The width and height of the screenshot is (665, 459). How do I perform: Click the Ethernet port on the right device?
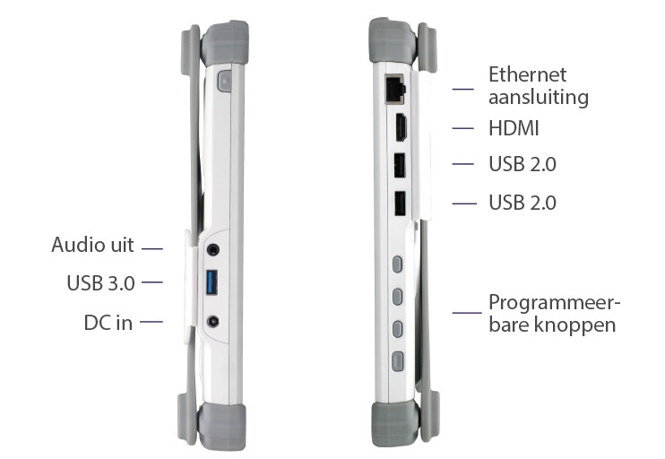point(395,89)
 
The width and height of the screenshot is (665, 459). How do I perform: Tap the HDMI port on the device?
point(402,126)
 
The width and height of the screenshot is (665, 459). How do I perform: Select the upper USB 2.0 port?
point(400,165)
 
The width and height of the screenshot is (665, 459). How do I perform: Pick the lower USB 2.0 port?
point(400,204)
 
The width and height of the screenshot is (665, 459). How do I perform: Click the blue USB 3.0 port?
point(212,282)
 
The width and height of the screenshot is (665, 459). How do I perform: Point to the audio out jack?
point(213,249)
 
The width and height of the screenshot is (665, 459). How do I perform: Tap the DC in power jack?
point(213,322)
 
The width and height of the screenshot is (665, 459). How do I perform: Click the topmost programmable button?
point(397,264)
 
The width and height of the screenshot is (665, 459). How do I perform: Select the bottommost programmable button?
point(397,361)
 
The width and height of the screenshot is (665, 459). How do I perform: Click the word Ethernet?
point(527,74)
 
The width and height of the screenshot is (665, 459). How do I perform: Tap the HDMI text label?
point(514,128)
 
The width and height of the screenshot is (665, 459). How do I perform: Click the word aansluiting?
point(539,98)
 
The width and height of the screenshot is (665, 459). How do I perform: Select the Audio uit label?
point(92,245)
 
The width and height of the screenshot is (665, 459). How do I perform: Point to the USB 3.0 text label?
point(100,283)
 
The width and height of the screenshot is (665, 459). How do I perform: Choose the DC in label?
point(108,323)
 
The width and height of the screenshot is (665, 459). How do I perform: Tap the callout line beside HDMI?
point(462,128)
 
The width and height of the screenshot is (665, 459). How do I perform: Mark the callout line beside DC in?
point(151,322)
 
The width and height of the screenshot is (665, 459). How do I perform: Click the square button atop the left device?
point(224,81)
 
